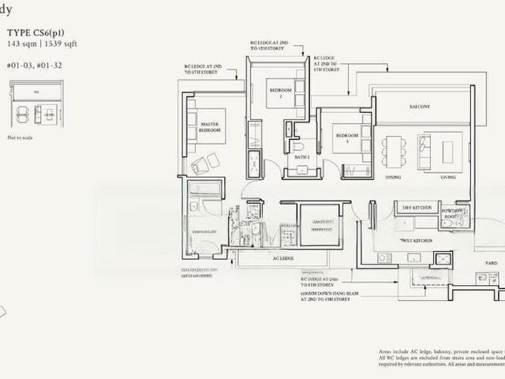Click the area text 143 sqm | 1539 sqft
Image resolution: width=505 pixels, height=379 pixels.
pos(41,43)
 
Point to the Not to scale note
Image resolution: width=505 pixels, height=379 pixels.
pos(21,137)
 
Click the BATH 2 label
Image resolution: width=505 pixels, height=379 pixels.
pos(301,157)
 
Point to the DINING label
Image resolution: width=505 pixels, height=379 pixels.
pos(393,177)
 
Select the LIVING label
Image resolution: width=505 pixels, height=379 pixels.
pos(448,177)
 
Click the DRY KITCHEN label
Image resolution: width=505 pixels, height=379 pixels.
pos(416,207)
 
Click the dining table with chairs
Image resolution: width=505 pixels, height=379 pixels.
pos(393,152)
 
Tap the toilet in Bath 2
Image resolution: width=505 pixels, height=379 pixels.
pos(298,146)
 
